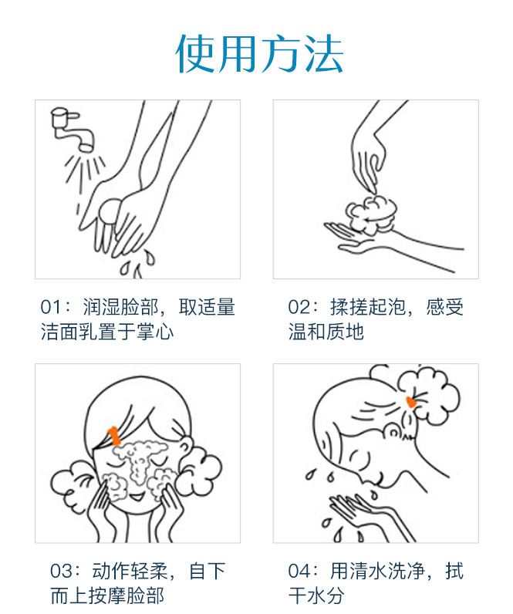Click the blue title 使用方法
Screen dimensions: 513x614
(x=259, y=53)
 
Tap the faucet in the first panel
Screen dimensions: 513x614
(x=73, y=130)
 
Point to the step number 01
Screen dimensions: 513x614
(x=51, y=307)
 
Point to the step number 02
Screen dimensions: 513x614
(x=299, y=307)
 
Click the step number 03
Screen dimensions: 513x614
(x=61, y=571)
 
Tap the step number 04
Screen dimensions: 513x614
(x=299, y=571)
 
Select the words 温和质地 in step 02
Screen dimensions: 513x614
(x=326, y=332)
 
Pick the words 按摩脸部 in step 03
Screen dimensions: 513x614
(x=126, y=595)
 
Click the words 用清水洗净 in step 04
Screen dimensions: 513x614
(x=377, y=571)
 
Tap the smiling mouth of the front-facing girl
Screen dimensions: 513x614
(x=137, y=498)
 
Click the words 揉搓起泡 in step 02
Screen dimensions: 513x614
(x=368, y=307)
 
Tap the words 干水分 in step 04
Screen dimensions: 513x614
(x=316, y=595)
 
